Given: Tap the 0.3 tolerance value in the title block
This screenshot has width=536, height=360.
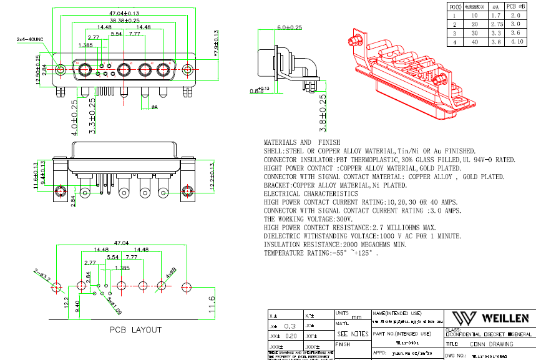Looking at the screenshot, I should [x=290, y=326].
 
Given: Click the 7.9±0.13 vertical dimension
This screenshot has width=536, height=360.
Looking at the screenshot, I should [x=217, y=45].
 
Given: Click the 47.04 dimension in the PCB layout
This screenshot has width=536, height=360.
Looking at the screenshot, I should [x=120, y=243].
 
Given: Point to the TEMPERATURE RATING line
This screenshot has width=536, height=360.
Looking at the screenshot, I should [x=320, y=254].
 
